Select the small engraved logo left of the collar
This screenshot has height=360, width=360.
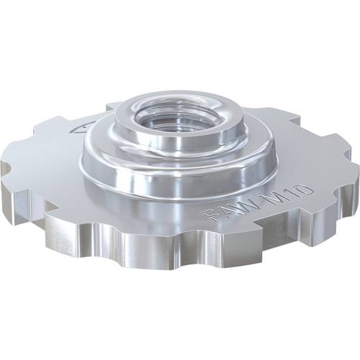(x=77, y=130)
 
